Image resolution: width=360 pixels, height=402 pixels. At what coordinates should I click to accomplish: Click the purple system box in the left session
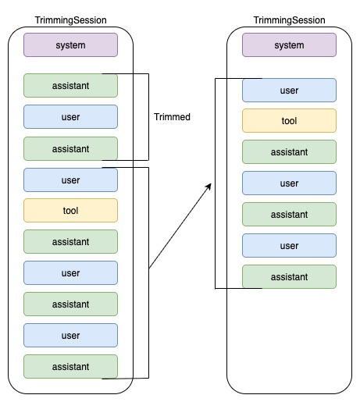[x=70, y=44]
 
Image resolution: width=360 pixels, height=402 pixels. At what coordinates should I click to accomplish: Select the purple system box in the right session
[x=289, y=44]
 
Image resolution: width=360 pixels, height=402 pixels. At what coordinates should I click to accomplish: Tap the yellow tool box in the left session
[x=70, y=210]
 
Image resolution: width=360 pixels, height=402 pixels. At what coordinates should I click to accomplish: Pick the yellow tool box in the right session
[x=289, y=120]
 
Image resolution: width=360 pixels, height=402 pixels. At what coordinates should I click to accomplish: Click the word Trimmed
[x=172, y=117]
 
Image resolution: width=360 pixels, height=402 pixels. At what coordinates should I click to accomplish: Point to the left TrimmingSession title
[x=71, y=19]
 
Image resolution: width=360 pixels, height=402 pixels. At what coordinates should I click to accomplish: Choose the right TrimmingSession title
[x=290, y=19]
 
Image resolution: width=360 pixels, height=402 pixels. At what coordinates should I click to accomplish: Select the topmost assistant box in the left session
[x=70, y=85]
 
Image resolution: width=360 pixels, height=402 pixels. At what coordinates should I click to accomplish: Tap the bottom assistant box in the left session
[x=70, y=366]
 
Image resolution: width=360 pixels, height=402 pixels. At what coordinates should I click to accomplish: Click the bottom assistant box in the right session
[x=289, y=276]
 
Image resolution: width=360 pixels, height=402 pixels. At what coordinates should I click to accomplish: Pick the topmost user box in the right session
[x=289, y=90]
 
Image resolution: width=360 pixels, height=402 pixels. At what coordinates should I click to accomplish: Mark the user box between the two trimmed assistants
[x=70, y=117]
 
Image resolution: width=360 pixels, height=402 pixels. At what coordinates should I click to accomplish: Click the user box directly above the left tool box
[x=70, y=180]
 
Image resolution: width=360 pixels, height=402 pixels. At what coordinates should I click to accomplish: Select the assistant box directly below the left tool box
[x=70, y=241]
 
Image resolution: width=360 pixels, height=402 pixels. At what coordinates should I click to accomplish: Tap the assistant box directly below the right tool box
[x=289, y=151]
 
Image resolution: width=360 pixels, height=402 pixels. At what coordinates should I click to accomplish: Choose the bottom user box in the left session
[x=70, y=335]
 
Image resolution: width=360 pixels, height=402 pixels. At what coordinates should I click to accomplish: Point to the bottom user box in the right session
[x=289, y=245]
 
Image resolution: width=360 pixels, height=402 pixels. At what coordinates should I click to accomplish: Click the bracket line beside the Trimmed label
[x=148, y=117]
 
